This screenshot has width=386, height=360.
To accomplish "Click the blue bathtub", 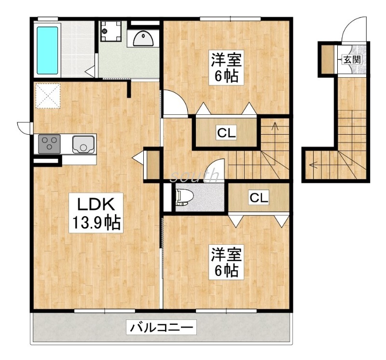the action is click(x=47, y=50).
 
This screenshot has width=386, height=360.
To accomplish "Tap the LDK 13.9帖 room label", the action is click(x=96, y=213).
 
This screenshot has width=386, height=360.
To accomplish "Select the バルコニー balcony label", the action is click(x=161, y=327).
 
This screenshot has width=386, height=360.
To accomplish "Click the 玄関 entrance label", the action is click(x=353, y=59).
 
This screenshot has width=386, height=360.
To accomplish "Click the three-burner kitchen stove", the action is click(x=49, y=144).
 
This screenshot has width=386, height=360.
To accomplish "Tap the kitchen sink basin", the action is click(x=83, y=144).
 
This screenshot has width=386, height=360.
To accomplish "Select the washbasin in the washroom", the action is click(x=143, y=39).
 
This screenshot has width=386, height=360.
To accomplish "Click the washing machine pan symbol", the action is click(x=111, y=31).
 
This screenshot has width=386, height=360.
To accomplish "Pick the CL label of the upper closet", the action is click(x=226, y=133).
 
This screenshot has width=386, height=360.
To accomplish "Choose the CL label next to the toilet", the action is click(x=259, y=197).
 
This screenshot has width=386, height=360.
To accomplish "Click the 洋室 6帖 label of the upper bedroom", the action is click(x=226, y=67).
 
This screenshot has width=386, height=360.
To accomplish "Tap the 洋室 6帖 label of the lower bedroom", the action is click(x=226, y=262).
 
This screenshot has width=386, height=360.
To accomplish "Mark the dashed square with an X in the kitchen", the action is click(x=48, y=96).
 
